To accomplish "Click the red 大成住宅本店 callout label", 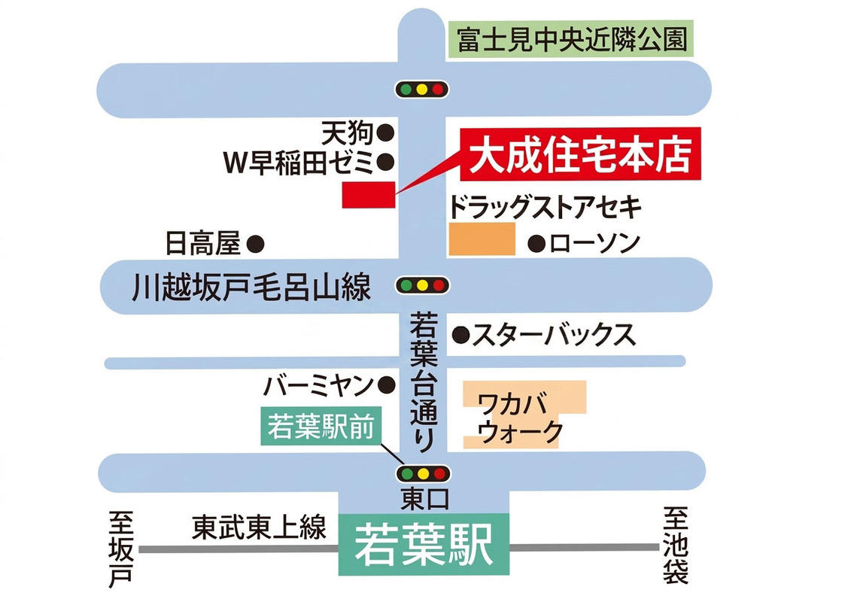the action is click(x=581, y=155).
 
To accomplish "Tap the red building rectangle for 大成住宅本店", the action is click(x=369, y=194).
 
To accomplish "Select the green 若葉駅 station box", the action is click(x=424, y=544).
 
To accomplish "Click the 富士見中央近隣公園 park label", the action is click(x=571, y=39).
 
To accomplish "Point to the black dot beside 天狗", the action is click(x=385, y=132).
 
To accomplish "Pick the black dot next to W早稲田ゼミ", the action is click(x=385, y=161).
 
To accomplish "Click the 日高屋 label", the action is click(x=202, y=243).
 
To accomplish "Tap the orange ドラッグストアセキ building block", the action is click(x=482, y=239).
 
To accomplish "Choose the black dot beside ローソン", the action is click(x=536, y=244).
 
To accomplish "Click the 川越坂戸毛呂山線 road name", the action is click(x=251, y=287).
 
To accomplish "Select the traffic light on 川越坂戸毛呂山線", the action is click(x=422, y=285).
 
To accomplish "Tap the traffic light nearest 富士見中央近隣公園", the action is click(x=422, y=90).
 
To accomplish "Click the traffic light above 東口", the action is click(x=424, y=473).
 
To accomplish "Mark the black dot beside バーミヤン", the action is click(x=387, y=385).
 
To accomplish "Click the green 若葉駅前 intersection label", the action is click(x=321, y=426).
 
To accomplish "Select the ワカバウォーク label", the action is click(x=520, y=418).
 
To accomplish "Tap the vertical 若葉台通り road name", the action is click(x=424, y=382).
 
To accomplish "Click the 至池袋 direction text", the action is click(x=676, y=545).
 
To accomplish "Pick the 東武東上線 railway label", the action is click(x=260, y=527).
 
